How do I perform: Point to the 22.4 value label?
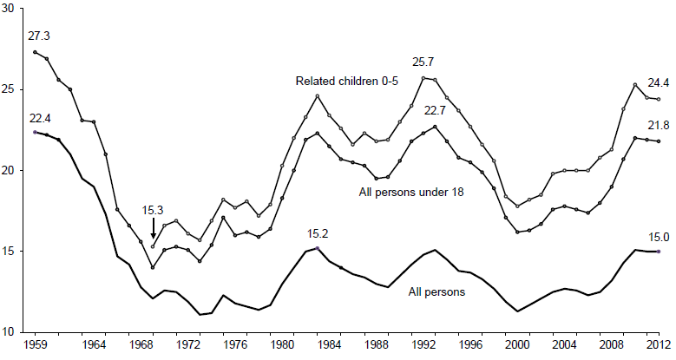(x=39, y=119)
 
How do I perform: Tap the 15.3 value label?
(x=153, y=209)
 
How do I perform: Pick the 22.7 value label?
(x=436, y=111)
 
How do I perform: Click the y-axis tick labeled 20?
(x=10, y=170)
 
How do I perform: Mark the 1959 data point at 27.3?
(x=35, y=52)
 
